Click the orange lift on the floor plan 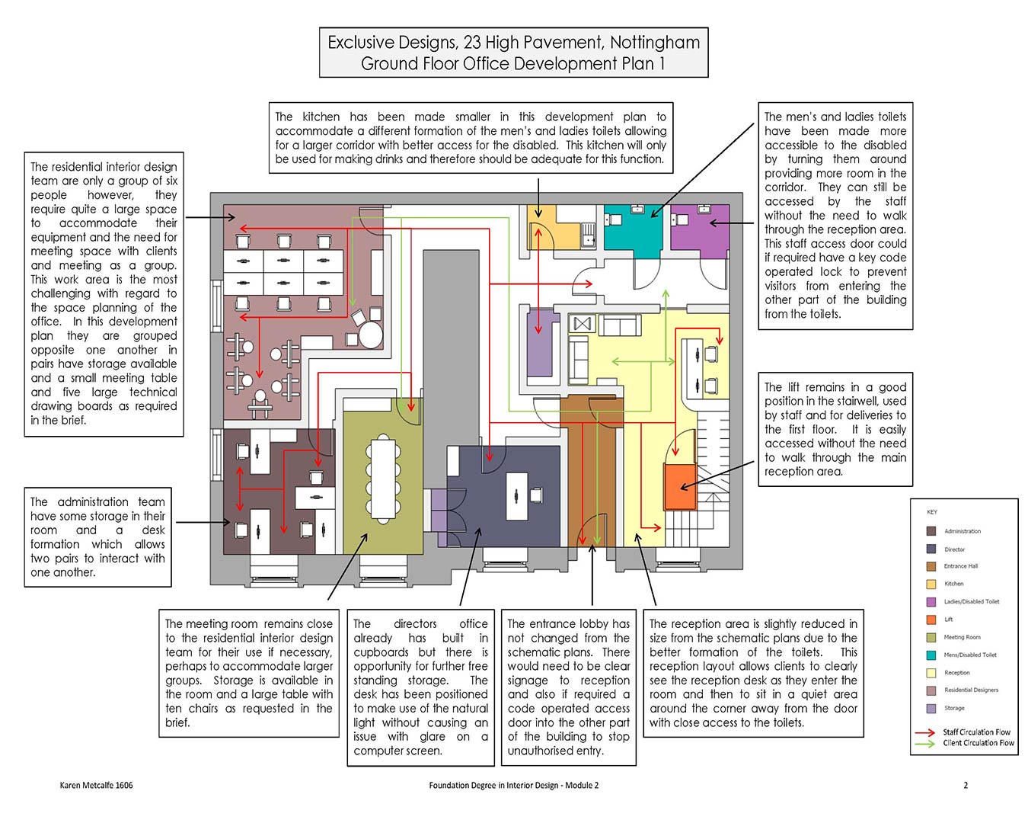tap(680, 486)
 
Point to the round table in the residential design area tap(371, 335)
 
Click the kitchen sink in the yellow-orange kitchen tap(589, 235)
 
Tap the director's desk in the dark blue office tap(517, 496)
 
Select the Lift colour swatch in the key tap(931, 620)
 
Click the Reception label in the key tap(957, 672)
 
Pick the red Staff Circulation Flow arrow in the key tap(924, 732)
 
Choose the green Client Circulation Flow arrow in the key tap(924, 743)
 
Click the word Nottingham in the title tap(655, 43)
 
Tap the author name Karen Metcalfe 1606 tap(96, 785)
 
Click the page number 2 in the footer tap(966, 785)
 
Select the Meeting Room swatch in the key tap(931, 637)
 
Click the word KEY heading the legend tap(932, 511)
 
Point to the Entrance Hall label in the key tap(961, 565)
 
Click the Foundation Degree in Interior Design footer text tap(513, 785)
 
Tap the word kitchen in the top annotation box tap(321, 117)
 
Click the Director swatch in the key tap(931, 549)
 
